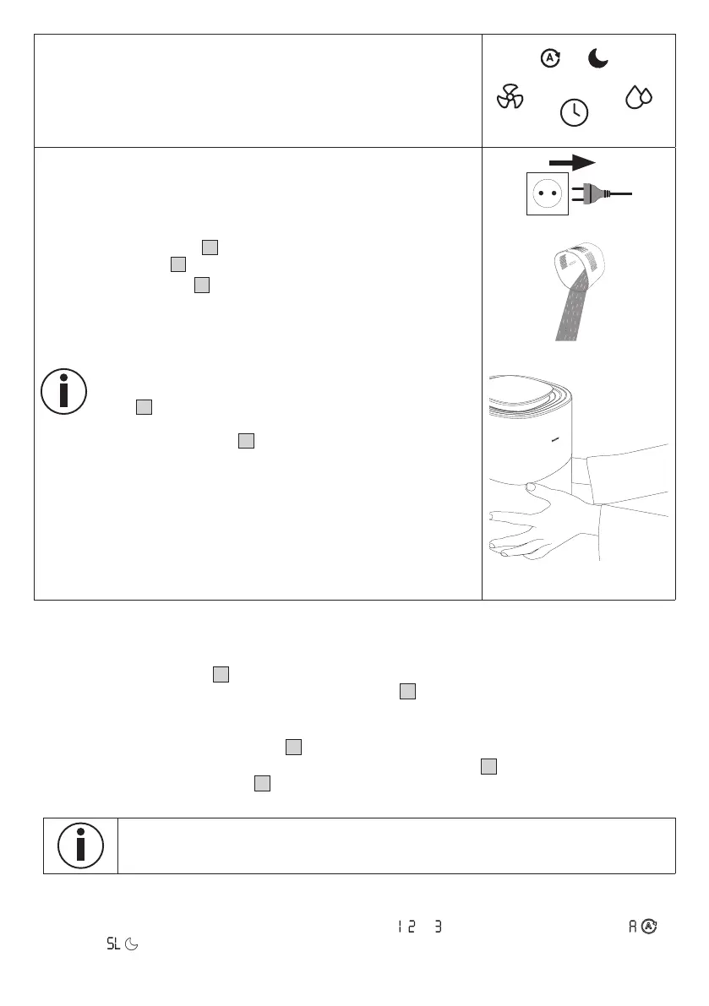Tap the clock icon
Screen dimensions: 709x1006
pos(575,112)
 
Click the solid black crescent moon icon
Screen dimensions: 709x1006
pos(600,57)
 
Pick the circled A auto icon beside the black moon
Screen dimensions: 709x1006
pos(550,58)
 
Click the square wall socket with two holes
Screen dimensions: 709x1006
pos(547,193)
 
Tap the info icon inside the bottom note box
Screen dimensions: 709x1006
pos(80,845)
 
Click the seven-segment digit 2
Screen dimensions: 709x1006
pos(411,927)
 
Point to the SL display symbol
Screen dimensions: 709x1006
pos(113,943)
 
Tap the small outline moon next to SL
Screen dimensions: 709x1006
pos(131,943)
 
